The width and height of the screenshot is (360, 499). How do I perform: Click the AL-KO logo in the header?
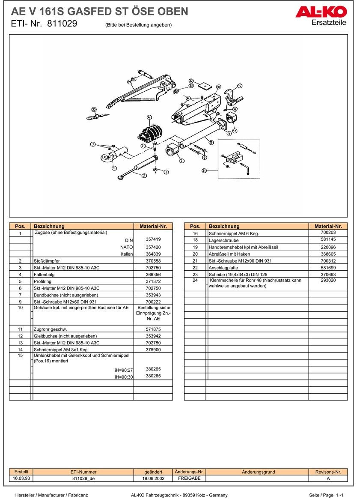[x=321, y=12]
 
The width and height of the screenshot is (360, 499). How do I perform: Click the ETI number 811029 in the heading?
[x=62, y=24]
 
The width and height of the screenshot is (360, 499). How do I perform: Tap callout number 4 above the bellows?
[x=149, y=117]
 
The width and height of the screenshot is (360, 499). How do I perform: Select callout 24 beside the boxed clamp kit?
[x=204, y=170]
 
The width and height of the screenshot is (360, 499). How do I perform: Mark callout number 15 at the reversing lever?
[x=239, y=86]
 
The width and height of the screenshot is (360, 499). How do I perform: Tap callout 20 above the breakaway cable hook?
[x=94, y=109]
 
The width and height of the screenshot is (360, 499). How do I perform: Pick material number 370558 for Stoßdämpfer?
[x=153, y=261]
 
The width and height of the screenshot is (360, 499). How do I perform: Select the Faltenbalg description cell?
[x=83, y=275]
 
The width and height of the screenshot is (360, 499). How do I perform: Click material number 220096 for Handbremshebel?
[x=328, y=247]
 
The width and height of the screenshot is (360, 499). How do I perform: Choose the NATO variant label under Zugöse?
[x=127, y=247]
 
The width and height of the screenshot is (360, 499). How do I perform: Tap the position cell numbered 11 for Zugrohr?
[x=20, y=329]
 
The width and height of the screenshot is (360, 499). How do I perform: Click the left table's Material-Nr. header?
[x=153, y=226]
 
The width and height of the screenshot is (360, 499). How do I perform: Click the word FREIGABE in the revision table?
[x=189, y=478]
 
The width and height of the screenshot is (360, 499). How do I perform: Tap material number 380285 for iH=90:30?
[x=153, y=376]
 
